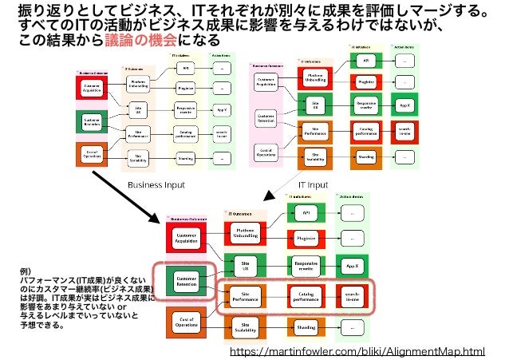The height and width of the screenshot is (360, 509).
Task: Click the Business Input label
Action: click(x=156, y=184)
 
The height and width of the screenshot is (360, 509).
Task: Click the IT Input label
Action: click(x=313, y=184)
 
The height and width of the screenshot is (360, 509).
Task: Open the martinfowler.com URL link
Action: click(x=357, y=350)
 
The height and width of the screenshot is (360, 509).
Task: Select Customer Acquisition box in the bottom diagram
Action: click(x=186, y=239)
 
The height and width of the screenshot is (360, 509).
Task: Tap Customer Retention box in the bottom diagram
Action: click(x=186, y=281)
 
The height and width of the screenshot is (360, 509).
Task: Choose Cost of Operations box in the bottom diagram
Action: click(x=186, y=322)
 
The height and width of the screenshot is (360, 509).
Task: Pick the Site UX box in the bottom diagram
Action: click(x=246, y=265)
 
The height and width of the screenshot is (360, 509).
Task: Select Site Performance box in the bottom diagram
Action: click(x=246, y=297)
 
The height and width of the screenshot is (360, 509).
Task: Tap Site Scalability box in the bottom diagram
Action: click(x=246, y=326)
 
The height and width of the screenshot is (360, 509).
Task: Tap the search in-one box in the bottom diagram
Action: click(x=351, y=297)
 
